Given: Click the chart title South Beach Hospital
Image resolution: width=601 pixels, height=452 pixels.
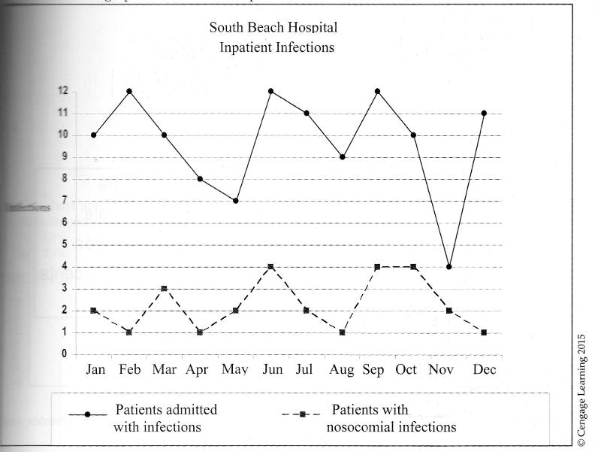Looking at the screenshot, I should [274, 28].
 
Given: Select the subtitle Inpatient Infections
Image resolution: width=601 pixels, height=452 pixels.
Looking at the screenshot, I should [276, 47].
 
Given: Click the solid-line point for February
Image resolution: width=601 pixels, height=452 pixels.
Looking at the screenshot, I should [129, 91].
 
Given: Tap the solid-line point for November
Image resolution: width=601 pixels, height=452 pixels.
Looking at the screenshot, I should [449, 266].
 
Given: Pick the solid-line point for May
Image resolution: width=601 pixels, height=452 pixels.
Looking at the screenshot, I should [235, 201].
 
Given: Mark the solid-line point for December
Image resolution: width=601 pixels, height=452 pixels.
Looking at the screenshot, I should [484, 113].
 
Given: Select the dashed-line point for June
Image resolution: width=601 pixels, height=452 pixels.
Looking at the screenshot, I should [270, 266].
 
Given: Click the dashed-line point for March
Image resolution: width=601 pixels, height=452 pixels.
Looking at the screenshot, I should [164, 288].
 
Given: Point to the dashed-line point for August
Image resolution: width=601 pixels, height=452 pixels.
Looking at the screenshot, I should [343, 332].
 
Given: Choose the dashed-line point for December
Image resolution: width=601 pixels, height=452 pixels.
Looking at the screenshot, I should [484, 332].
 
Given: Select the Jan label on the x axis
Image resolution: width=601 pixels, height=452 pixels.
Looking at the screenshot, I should [95, 370].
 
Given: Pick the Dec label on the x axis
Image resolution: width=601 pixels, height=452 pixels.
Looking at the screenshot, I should [483, 370].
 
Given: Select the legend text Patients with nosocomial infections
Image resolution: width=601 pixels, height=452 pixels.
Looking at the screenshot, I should [393, 418].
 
